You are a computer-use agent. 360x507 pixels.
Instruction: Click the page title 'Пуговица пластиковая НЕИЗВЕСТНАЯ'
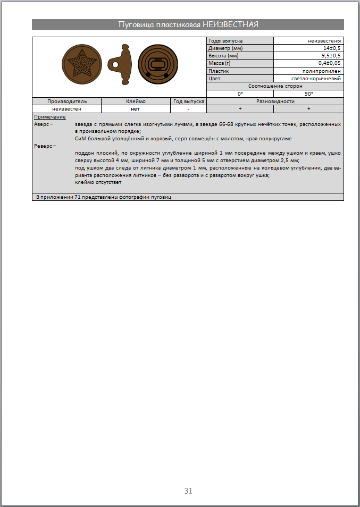tap(188, 24)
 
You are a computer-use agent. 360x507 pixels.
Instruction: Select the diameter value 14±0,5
tap(330, 48)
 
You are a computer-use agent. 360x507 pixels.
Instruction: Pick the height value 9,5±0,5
tap(331, 56)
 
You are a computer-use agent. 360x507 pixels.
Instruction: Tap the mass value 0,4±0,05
tap(330, 63)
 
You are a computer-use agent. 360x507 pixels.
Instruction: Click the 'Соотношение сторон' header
tap(275, 86)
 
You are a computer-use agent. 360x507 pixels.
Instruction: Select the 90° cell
tap(308, 93)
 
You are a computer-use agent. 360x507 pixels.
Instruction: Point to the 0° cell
tap(240, 93)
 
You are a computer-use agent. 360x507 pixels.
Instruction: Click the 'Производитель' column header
tap(67, 101)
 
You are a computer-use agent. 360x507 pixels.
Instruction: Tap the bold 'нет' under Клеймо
tap(135, 108)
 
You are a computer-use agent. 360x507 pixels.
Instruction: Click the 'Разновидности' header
tap(275, 101)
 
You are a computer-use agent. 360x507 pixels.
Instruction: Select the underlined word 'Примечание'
tap(49, 116)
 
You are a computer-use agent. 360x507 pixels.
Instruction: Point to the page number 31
tap(188, 491)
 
